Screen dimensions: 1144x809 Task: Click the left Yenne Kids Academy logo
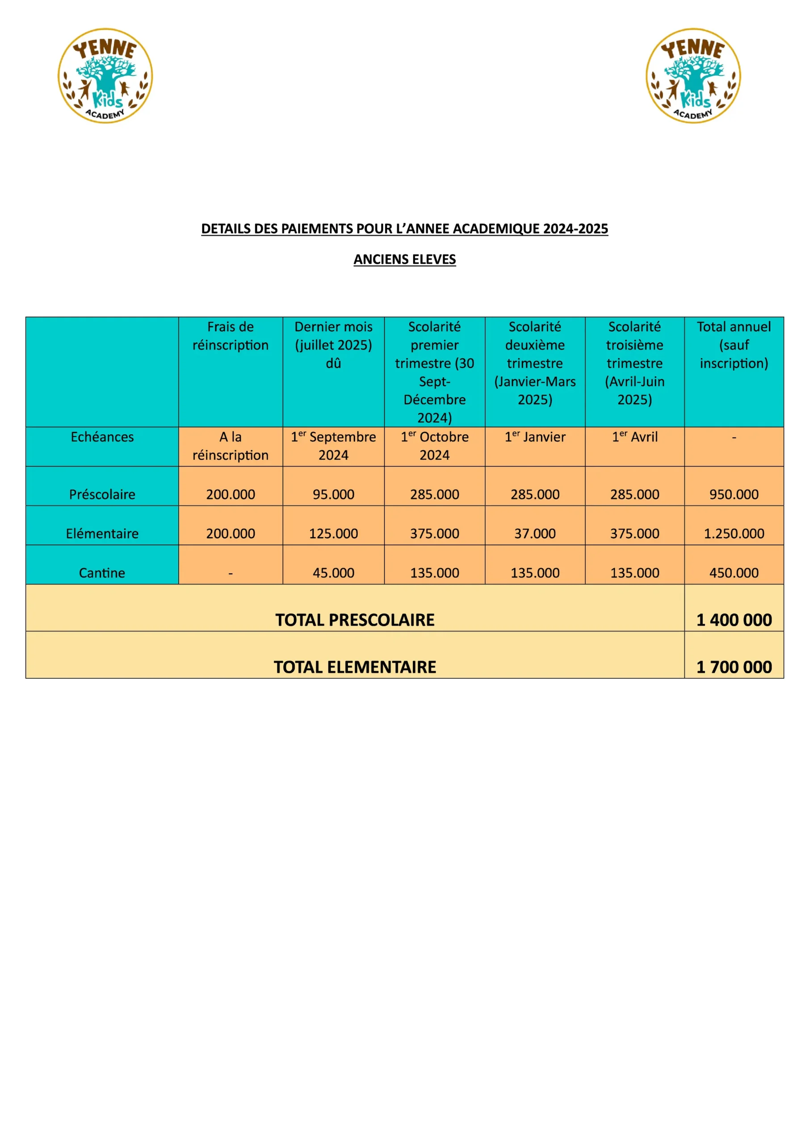105,76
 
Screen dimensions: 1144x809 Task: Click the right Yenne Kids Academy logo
693,76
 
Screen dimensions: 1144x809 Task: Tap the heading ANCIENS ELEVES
405,259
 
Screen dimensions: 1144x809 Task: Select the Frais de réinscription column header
230,336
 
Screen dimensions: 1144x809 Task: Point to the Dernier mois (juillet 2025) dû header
333,345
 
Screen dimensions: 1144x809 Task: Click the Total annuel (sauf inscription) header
734,345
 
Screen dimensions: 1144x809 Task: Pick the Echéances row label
102,437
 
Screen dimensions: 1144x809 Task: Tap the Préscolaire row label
102,494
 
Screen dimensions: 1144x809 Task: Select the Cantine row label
102,572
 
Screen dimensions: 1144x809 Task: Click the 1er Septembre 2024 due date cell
333,446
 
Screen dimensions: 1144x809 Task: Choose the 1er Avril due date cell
635,437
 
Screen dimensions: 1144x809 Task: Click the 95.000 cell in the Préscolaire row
333,494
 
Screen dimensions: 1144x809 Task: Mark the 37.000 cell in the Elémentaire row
535,533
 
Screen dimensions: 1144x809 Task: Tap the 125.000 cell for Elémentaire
333,533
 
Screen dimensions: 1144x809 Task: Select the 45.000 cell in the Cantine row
333,572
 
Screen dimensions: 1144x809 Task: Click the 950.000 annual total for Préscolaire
734,494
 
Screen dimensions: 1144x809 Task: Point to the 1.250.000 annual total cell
734,533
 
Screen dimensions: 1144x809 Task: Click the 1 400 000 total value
734,620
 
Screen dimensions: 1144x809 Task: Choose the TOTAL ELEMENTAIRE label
355,667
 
